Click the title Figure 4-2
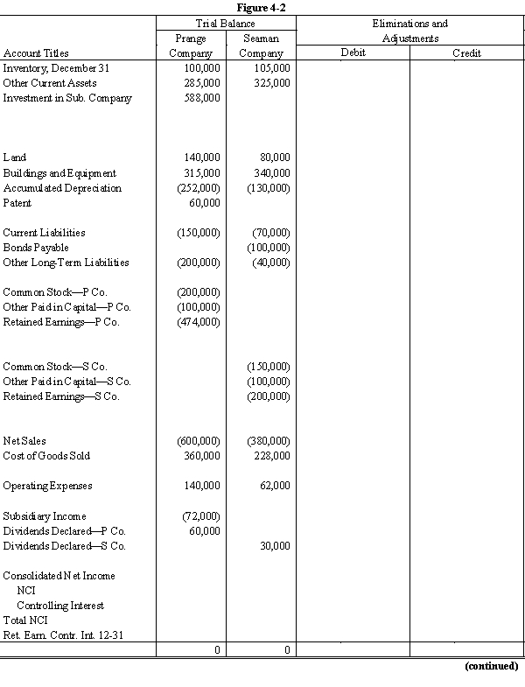(262, 8)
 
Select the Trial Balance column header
(226, 24)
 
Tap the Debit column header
(353, 53)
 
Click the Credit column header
(466, 53)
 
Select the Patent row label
(17, 203)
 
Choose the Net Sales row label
(24, 441)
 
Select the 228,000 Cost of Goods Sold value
(272, 456)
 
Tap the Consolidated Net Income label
(59, 576)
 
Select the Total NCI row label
(24, 620)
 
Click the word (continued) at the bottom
(491, 666)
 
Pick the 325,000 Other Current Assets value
(272, 83)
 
